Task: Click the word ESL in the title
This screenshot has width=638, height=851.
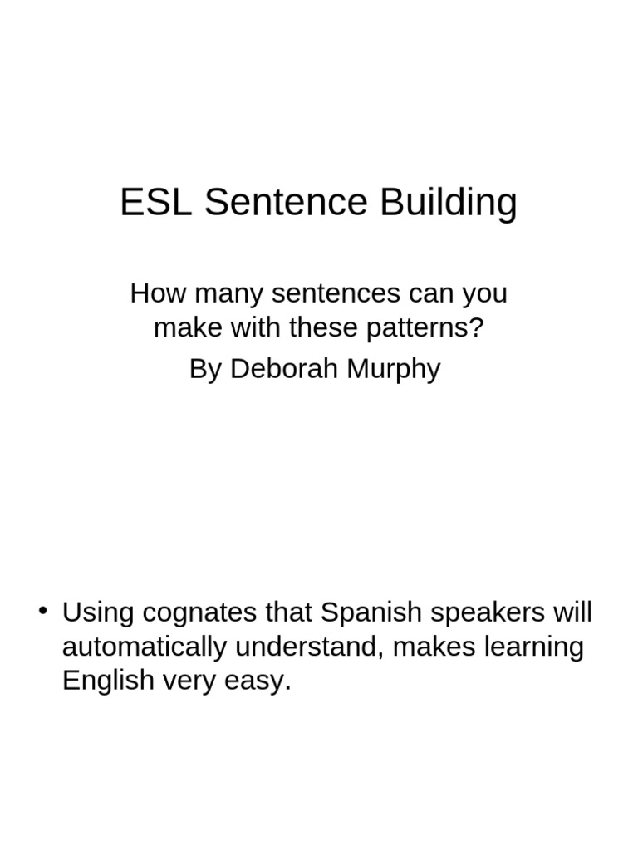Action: [x=156, y=204]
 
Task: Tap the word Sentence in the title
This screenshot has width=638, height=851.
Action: [x=287, y=204]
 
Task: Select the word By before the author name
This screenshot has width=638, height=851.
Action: [x=205, y=370]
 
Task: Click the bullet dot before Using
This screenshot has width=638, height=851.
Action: [x=43, y=612]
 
